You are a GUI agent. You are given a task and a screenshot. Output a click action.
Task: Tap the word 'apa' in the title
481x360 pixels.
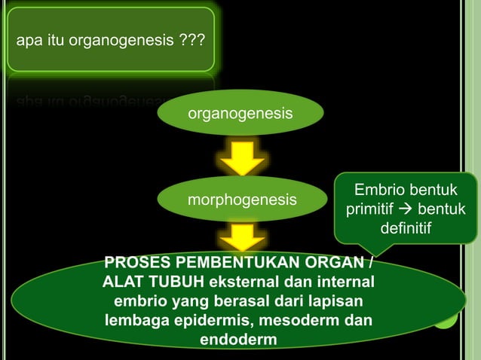(29, 41)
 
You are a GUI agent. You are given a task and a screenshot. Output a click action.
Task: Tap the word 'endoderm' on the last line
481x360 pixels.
(237, 340)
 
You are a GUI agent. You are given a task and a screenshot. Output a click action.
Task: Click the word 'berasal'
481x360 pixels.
(242, 302)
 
